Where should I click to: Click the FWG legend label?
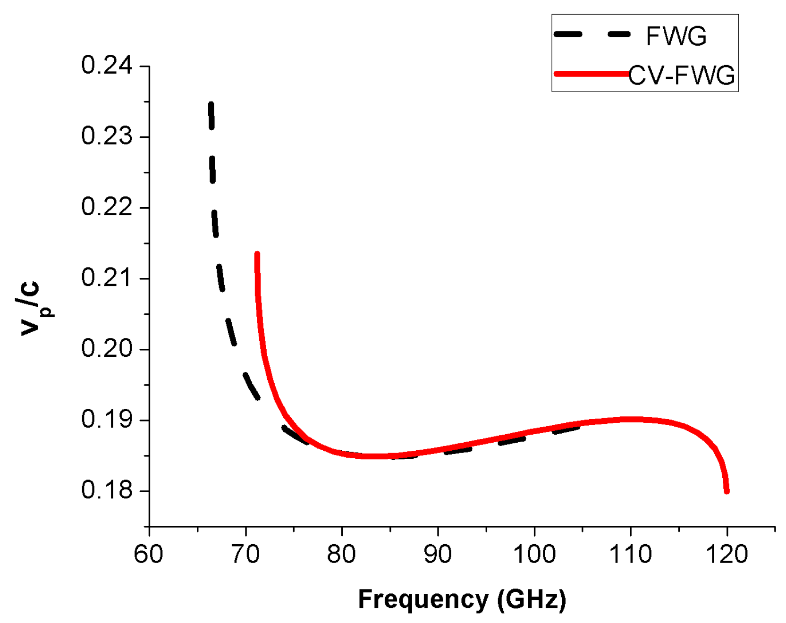(676, 36)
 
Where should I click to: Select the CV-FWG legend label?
(682, 76)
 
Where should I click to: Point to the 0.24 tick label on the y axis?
(107, 65)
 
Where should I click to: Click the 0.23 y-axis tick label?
(107, 136)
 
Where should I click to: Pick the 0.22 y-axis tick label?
(107, 207)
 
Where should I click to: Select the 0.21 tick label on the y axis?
(107, 278)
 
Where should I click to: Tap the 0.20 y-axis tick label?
(107, 349)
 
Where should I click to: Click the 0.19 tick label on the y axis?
(107, 420)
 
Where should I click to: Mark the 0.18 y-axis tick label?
(107, 490)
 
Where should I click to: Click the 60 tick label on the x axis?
(149, 554)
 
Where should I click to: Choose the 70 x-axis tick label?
(245, 554)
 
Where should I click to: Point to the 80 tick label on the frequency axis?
(341, 554)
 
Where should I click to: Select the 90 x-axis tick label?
(438, 554)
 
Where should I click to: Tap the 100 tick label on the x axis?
(534, 554)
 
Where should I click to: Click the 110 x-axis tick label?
(631, 554)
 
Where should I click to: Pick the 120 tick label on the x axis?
(727, 554)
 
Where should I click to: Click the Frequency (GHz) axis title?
(462, 599)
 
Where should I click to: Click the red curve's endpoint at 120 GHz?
(727, 491)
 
